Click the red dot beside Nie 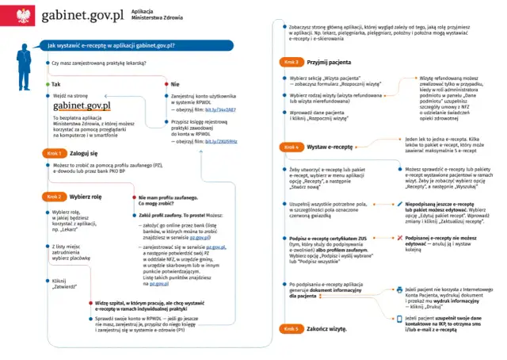coord(166,84)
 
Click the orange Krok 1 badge coord(55,154)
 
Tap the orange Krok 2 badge coord(55,196)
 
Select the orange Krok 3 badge coord(290,62)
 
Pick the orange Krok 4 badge coord(290,147)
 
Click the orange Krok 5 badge coord(290,327)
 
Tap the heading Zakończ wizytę coord(328,327)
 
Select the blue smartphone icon coord(398,317)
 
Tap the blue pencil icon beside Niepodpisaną coord(398,204)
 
